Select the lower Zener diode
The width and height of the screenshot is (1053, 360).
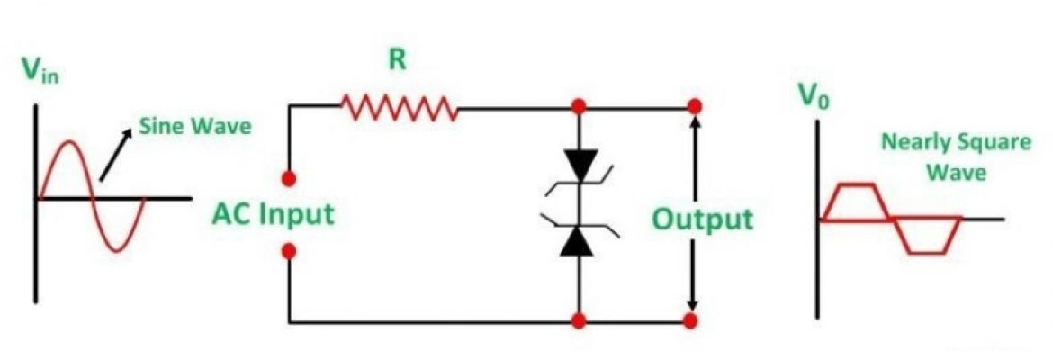(577, 239)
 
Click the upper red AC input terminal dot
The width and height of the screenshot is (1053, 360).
(289, 176)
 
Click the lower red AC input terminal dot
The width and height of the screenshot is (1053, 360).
(289, 252)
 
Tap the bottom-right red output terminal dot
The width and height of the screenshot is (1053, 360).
(690, 320)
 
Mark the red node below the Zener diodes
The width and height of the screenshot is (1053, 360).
(578, 320)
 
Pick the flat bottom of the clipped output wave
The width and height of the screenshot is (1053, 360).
(927, 253)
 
